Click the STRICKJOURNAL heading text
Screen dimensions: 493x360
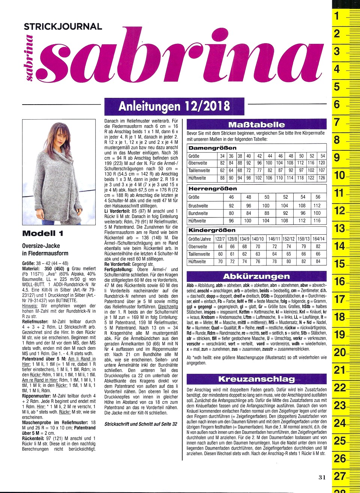(x=63, y=27)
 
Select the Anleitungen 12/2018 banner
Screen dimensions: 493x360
(x=174, y=106)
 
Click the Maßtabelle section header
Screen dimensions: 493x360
(x=256, y=125)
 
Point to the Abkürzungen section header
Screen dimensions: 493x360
(x=256, y=277)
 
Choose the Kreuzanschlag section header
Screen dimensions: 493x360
(x=256, y=379)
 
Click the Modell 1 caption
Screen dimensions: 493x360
(x=43, y=234)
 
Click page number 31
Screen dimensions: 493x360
(x=322, y=477)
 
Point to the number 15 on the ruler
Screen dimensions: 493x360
(x=339, y=264)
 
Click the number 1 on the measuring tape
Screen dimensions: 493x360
(x=337, y=16)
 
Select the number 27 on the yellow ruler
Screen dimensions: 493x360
(x=340, y=476)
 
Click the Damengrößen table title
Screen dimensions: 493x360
(x=212, y=148)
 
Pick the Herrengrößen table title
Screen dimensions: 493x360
(x=212, y=189)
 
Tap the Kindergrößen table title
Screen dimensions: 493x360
(x=212, y=230)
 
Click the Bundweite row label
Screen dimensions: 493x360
(x=198, y=213)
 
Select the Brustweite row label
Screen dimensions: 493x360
(x=198, y=206)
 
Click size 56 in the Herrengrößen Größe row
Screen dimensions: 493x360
(x=318, y=197)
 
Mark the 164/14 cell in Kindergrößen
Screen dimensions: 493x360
(x=318, y=239)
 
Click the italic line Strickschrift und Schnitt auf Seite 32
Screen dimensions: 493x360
(x=141, y=424)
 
